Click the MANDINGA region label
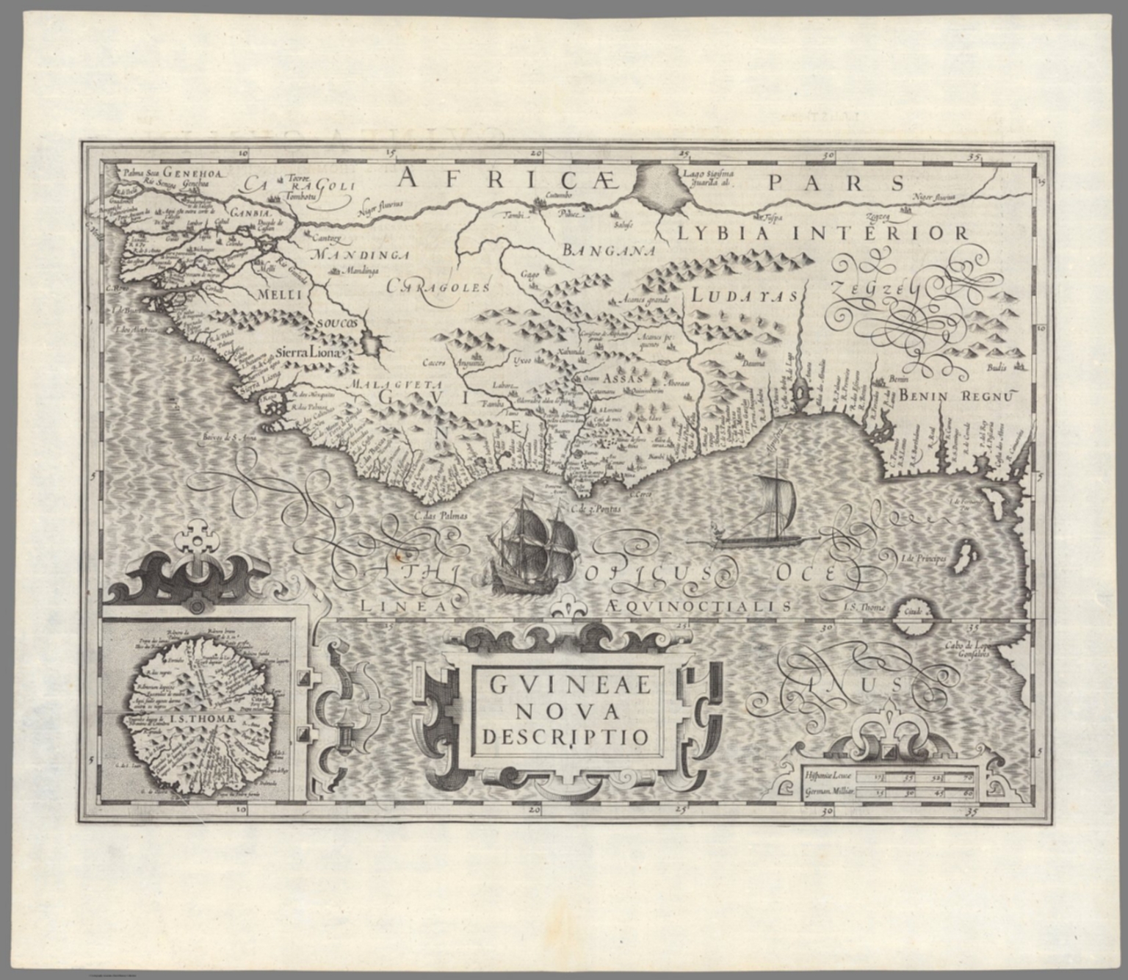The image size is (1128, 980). (x=359, y=255)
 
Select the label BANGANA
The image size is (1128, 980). (x=608, y=251)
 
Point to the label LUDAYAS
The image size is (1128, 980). (x=744, y=296)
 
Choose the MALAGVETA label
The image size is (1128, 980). (x=394, y=384)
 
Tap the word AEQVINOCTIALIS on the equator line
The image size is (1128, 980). (x=699, y=606)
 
